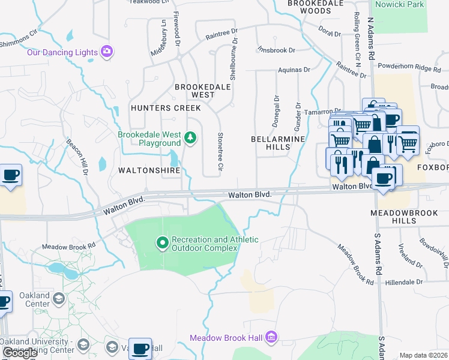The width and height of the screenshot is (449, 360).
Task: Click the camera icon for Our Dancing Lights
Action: point(107,52)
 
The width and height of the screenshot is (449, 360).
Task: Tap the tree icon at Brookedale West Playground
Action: point(191,139)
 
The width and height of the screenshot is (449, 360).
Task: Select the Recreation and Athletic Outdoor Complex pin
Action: point(162,243)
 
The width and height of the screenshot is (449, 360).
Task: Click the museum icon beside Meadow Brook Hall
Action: point(270,338)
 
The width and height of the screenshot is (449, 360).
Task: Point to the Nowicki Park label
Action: point(399,5)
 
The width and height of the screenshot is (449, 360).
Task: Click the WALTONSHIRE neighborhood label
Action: point(149,170)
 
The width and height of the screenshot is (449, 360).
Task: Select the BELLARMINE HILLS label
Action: point(278,143)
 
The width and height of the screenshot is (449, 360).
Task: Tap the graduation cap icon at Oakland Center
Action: point(59,299)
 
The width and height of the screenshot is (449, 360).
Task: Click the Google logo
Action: point(20,353)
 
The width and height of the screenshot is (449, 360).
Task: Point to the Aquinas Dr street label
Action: point(294,70)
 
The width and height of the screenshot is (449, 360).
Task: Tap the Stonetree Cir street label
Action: point(220,151)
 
